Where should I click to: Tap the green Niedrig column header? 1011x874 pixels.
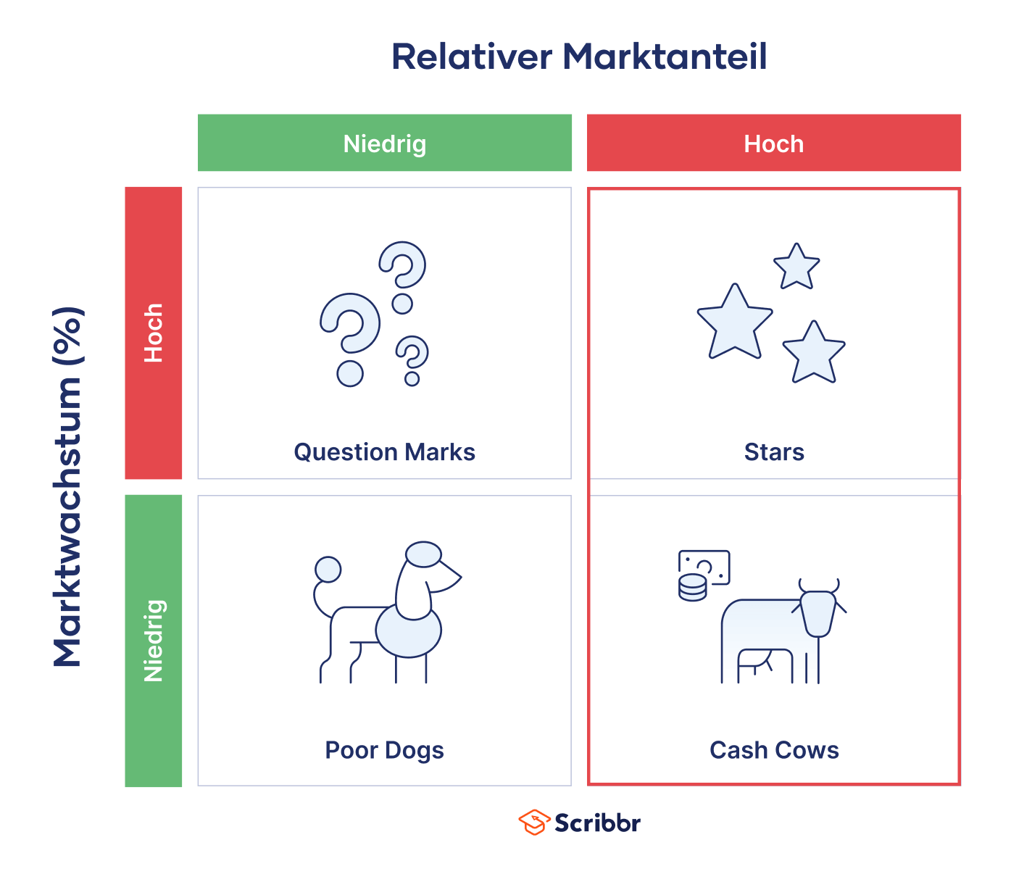(384, 143)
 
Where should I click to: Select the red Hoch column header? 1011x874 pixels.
(774, 143)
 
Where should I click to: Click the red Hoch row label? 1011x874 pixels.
(153, 333)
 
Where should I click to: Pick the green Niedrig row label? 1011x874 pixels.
(153, 641)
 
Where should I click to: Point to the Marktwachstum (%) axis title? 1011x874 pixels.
(67, 486)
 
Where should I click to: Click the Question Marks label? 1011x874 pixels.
(384, 452)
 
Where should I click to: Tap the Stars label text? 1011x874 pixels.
(774, 452)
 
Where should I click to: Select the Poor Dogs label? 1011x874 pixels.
(384, 751)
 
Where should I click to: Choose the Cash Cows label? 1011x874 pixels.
(774, 750)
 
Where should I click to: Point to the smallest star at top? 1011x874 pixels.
(796, 267)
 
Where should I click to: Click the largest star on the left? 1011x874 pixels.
(735, 322)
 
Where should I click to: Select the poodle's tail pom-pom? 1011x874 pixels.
(328, 570)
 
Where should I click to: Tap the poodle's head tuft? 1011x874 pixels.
(423, 554)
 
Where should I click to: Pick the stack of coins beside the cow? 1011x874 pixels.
(693, 588)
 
